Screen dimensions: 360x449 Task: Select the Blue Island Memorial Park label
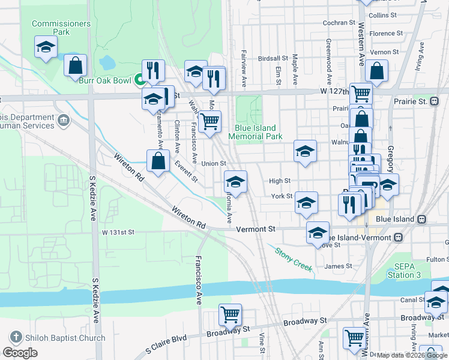(256, 132)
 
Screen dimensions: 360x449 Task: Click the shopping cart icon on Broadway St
(231, 314)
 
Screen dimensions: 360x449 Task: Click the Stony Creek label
(294, 259)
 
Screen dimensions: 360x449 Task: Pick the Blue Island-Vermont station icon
(397, 238)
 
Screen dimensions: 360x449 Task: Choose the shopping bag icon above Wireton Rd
(158, 160)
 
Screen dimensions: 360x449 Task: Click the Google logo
(20, 353)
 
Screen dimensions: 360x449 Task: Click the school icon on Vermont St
(318, 232)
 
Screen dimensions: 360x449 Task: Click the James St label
(338, 266)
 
